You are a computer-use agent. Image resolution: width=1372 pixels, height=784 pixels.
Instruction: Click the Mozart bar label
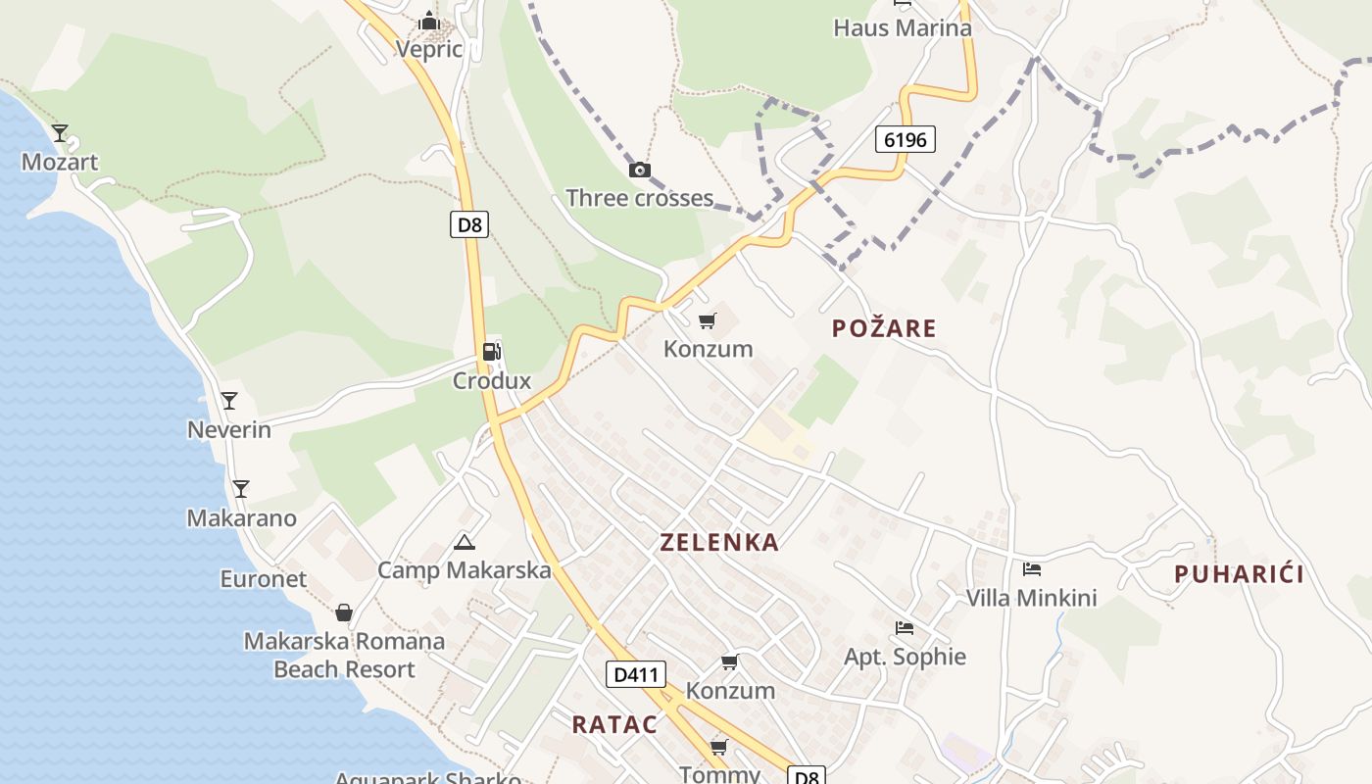[x=60, y=162]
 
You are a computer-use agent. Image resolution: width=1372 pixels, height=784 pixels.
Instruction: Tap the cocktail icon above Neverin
[x=229, y=400]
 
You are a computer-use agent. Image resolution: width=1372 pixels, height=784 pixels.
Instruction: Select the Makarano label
[x=241, y=517]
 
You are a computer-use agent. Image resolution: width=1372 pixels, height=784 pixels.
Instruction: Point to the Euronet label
[x=263, y=579]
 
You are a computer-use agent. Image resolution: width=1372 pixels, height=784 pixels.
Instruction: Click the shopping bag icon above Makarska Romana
[x=343, y=612]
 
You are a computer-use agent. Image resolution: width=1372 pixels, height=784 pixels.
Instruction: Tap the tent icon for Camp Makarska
[x=465, y=542]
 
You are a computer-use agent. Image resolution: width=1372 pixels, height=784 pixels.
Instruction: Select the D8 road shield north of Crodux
[x=470, y=224]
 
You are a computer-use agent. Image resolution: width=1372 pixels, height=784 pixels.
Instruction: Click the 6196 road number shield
[x=905, y=139]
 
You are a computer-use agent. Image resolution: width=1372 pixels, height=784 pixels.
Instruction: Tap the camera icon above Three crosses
[x=639, y=171]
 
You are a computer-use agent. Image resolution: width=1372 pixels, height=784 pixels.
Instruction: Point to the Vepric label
[x=428, y=48]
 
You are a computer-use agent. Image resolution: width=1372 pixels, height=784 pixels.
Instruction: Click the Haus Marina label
[x=902, y=27]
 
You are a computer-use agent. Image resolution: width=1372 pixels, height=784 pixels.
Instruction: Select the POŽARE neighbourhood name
[x=884, y=328]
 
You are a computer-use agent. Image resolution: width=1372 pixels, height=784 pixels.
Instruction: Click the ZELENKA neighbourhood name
[x=719, y=542]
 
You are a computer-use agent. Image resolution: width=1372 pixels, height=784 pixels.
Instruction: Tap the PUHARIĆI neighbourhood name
[x=1239, y=574]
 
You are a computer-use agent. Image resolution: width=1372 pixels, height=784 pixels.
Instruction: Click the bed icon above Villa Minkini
[x=1031, y=568]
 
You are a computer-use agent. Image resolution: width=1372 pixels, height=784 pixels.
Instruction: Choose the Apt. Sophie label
[x=905, y=657]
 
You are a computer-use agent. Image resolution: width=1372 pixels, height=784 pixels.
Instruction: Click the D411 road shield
[x=636, y=674]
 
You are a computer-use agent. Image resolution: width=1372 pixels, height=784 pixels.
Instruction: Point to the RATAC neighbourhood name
[x=614, y=724]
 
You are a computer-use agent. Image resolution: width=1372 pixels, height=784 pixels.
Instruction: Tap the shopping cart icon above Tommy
[x=718, y=748]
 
